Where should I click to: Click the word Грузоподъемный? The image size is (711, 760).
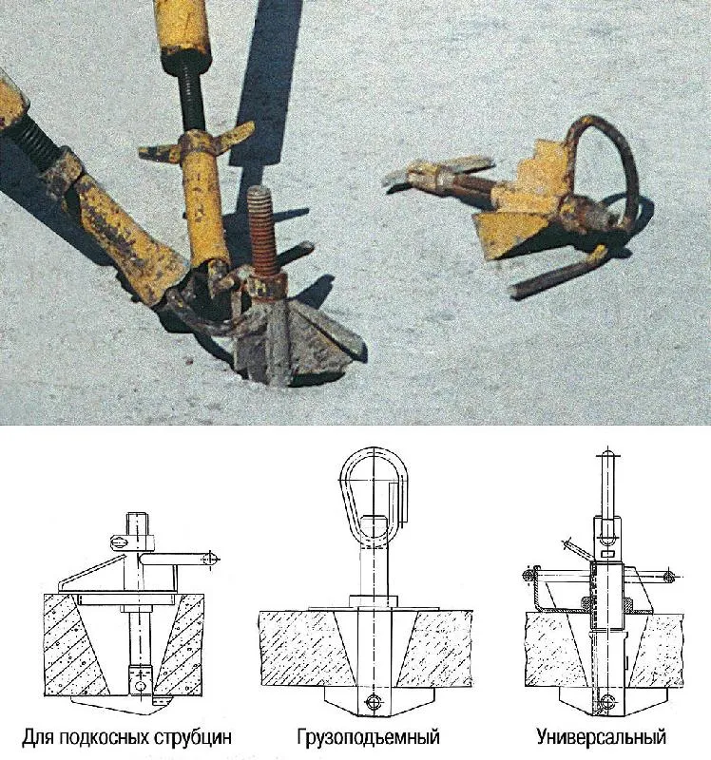coord(368,737)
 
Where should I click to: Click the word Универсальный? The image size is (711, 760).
coord(601,737)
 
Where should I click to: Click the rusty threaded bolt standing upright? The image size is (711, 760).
coord(263,233)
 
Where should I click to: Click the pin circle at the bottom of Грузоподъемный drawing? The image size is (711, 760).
coord(374,701)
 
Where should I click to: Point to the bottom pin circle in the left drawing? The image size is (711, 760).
coord(141,686)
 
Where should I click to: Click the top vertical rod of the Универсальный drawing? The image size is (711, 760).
coord(606,484)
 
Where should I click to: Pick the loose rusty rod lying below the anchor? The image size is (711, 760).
coord(558,273)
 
